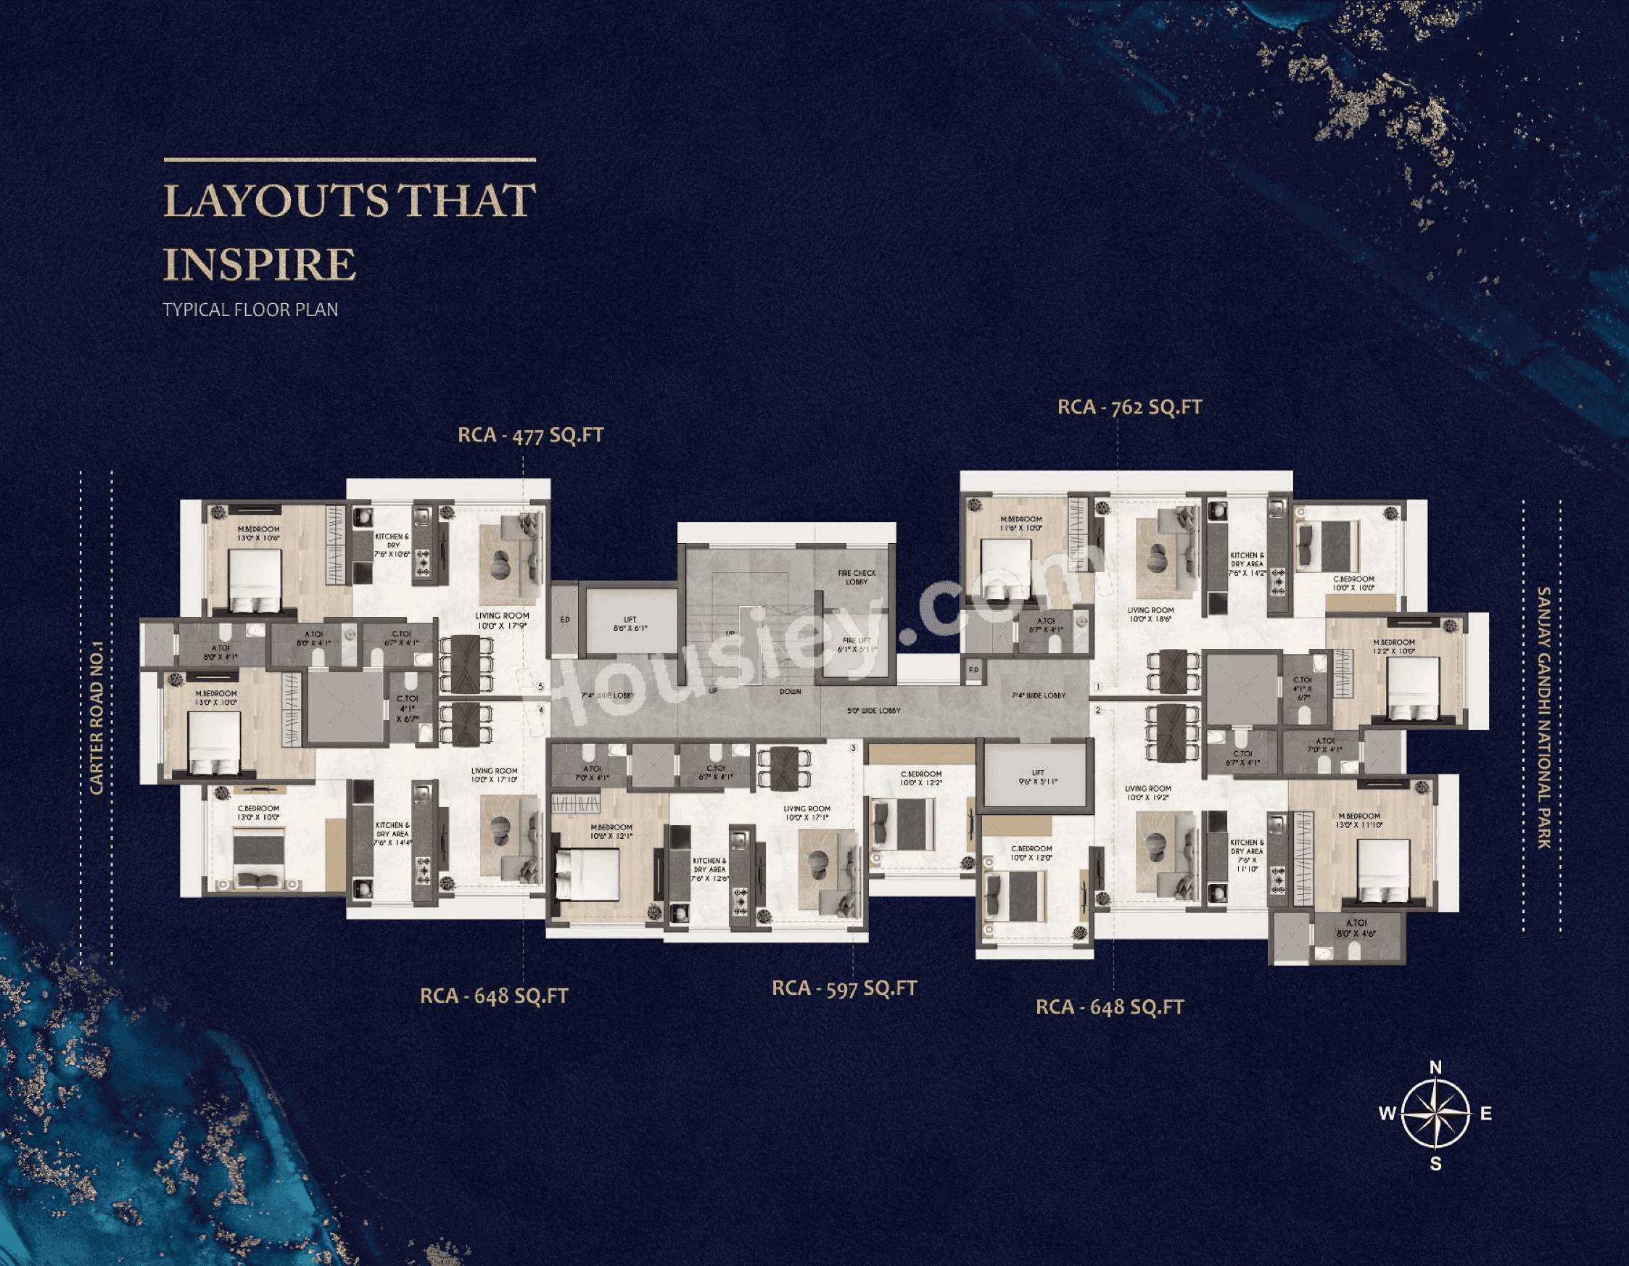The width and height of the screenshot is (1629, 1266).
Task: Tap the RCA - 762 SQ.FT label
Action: pos(1129,407)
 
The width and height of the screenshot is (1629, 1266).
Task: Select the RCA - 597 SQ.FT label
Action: pos(844,988)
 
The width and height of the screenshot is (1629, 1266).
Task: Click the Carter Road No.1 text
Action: pos(97,718)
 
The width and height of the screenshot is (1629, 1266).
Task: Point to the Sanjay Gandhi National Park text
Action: pos(1543,717)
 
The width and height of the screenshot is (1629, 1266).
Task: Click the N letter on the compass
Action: pos(1435,1067)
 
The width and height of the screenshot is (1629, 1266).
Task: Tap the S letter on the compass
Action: pos(1436,1163)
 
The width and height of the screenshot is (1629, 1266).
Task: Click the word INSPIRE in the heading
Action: pos(259,264)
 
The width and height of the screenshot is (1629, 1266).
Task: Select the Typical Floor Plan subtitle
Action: pos(251,310)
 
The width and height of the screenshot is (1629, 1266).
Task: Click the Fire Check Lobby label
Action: pos(857,577)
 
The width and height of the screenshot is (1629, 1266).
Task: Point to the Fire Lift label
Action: pos(857,645)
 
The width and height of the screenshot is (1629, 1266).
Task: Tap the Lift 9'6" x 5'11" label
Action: pos(1037,777)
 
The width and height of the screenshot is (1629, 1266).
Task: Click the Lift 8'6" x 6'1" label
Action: pos(630,624)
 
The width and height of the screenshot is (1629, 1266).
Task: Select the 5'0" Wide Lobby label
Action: pos(873,711)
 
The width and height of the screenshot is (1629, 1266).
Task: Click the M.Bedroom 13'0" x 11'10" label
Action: pos(1360,820)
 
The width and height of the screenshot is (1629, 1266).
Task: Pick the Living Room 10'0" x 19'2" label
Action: pos(1147,793)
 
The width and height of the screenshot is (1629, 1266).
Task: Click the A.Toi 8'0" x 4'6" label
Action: pos(1356,927)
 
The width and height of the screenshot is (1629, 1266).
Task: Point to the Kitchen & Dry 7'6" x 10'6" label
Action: pos(392,545)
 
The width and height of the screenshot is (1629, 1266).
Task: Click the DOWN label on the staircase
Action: pos(790,691)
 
